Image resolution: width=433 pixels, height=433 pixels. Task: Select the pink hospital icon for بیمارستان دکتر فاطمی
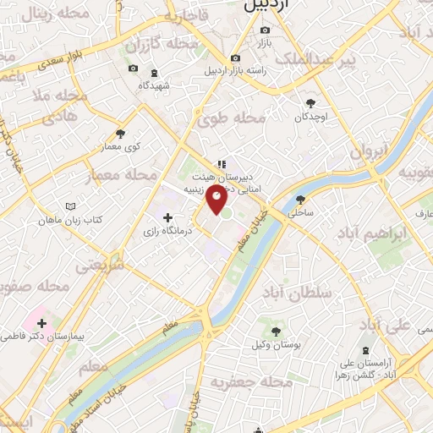[41, 323]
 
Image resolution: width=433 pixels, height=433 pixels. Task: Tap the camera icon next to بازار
[265, 30]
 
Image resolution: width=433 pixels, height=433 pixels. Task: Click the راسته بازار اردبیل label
[235, 70]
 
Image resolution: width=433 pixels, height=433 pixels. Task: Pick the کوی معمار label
[121, 147]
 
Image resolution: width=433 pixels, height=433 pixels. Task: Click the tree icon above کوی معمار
[121, 134]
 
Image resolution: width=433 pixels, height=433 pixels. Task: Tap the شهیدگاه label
[155, 85]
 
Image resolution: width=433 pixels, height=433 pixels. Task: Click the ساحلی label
[300, 215]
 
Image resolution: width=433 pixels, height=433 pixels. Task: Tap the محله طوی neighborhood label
[231, 119]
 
